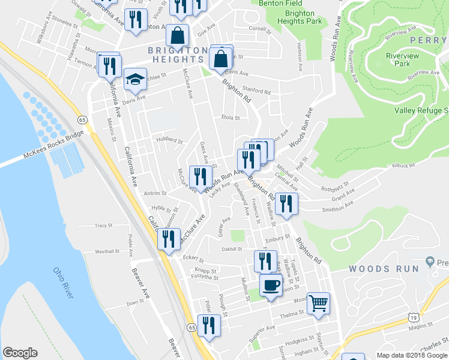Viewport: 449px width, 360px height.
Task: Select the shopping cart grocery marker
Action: click(x=319, y=302)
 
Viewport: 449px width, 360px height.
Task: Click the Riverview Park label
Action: click(x=389, y=59)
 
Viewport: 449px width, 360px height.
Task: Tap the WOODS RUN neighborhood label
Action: click(x=384, y=269)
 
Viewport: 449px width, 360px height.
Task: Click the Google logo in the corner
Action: click(x=19, y=353)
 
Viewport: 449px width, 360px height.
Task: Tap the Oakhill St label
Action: click(x=231, y=248)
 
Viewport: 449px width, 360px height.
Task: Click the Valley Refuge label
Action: click(x=421, y=110)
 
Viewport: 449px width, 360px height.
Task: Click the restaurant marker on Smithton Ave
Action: click(x=286, y=203)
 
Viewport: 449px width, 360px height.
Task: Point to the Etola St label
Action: click(x=230, y=118)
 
